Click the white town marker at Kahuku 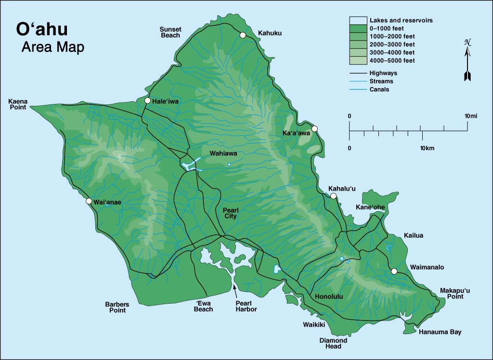point(243,35)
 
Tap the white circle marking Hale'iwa point(147,100)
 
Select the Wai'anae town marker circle point(89,201)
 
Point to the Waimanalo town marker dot point(394,271)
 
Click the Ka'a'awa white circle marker point(315,129)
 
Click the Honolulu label point(329,296)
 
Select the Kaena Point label point(18,104)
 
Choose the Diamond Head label point(333,343)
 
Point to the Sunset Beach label point(170,32)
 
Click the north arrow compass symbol point(467,60)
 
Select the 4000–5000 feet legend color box point(358,61)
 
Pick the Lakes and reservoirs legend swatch point(358,20)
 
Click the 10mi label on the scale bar point(470,116)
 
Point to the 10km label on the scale point(427,148)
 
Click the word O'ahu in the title point(42,29)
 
